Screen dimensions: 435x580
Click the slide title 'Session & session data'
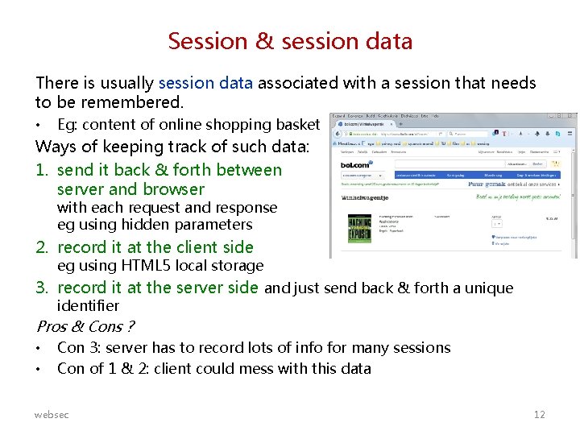[x=290, y=40]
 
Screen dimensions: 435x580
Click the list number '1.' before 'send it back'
[x=43, y=170]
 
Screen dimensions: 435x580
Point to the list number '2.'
[x=43, y=247]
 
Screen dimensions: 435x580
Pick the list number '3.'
[x=43, y=288]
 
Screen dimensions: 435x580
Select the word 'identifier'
[x=88, y=306]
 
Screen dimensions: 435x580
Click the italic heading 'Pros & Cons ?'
[x=85, y=326]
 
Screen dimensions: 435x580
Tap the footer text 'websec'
[x=52, y=414]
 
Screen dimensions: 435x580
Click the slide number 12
[x=539, y=414]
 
